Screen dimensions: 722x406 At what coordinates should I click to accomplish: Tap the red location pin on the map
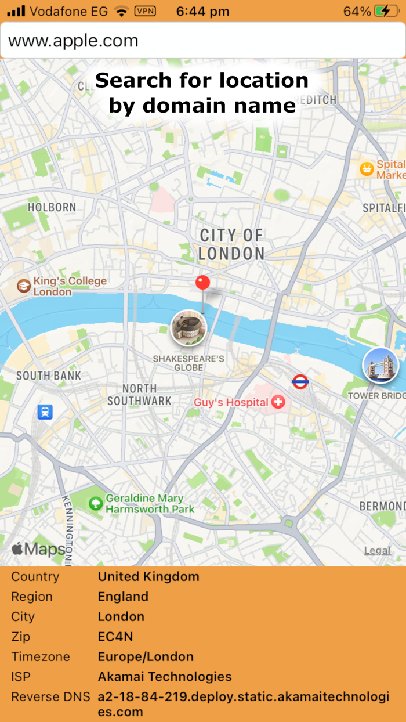(x=202, y=284)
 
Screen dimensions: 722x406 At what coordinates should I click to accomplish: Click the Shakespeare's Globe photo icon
(x=188, y=328)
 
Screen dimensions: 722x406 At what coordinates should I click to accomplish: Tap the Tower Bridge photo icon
(x=380, y=366)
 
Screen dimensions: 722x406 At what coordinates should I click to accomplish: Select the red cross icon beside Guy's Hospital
(x=278, y=402)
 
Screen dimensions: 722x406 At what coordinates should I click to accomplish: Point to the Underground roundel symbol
(x=300, y=381)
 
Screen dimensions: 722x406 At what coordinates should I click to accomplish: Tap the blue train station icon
(x=45, y=411)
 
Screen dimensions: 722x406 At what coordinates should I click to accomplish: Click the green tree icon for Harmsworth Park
(x=95, y=503)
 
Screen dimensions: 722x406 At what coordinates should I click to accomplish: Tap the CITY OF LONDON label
(x=231, y=244)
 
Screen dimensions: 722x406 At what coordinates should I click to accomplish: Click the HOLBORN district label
(x=52, y=207)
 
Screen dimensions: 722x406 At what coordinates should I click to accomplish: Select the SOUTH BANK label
(x=49, y=376)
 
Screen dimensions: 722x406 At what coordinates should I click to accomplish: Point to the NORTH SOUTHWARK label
(x=139, y=395)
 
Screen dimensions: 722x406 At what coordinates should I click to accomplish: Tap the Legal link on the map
(x=377, y=550)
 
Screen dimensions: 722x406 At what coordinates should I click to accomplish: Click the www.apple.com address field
(x=202, y=41)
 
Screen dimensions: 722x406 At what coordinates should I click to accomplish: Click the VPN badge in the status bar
(x=145, y=11)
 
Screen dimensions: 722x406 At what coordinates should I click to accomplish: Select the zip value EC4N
(x=115, y=636)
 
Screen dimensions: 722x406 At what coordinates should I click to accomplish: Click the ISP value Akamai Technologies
(x=165, y=676)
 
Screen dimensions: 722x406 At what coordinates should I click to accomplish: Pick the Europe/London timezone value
(x=146, y=656)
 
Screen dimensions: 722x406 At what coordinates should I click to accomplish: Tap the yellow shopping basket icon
(x=367, y=169)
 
